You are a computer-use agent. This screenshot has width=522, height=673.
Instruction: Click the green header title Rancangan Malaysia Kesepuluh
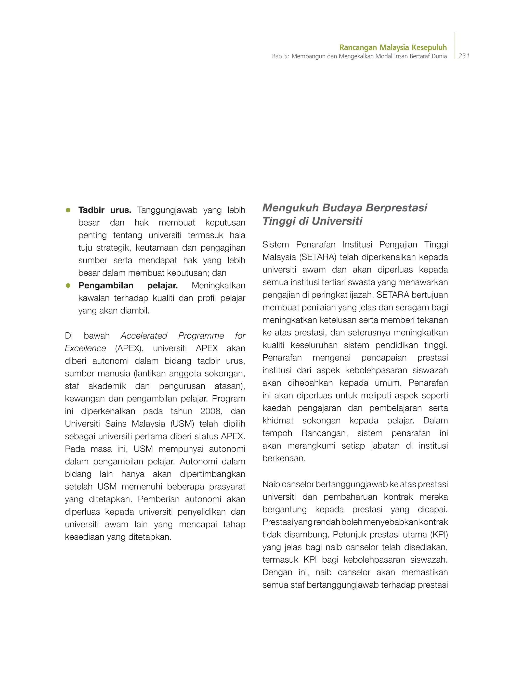pos(393,47)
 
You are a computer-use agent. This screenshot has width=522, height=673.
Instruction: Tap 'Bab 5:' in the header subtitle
pos(280,56)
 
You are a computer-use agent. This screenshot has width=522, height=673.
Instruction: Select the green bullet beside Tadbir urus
pos(68,210)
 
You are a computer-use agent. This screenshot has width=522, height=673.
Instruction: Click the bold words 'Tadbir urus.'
pos(105,210)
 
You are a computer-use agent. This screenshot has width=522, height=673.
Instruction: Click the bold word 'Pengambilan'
pos(106,285)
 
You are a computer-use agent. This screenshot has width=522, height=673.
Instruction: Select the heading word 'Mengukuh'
pos(290,208)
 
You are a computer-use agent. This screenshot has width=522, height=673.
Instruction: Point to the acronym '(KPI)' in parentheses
pos(439,534)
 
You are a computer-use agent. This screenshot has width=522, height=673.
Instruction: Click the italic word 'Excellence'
pos(85,348)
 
